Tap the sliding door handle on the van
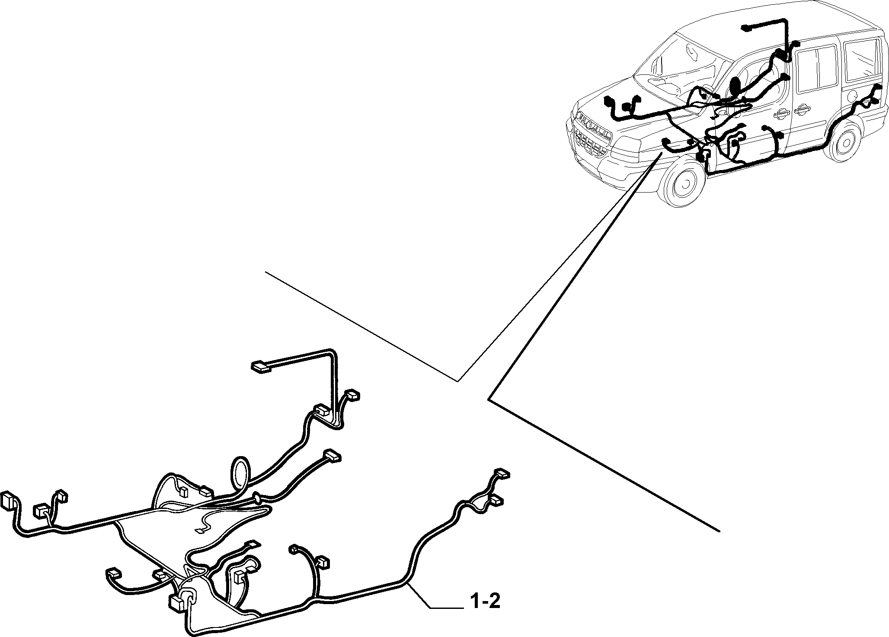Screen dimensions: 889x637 [802, 110]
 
